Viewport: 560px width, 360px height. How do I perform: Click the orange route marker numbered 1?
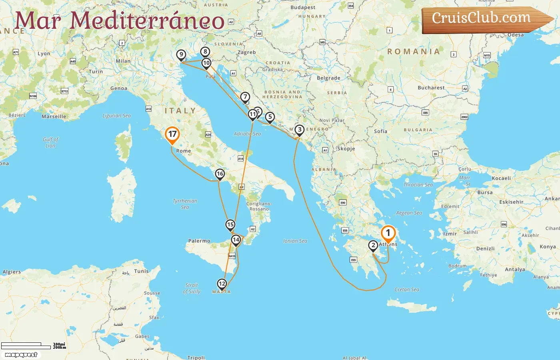point(388,233)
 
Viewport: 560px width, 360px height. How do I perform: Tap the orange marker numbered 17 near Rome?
point(172,134)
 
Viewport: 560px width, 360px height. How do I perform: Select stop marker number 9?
point(181,55)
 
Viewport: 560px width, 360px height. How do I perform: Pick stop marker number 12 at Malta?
point(222,284)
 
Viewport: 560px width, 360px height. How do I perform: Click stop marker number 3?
point(299,130)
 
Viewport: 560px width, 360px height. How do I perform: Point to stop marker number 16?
point(220,174)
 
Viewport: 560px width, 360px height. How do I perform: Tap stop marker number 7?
point(245,97)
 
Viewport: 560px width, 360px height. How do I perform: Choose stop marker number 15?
point(230,225)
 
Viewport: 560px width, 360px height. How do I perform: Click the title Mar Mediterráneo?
point(119,20)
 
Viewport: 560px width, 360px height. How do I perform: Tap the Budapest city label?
point(303,7)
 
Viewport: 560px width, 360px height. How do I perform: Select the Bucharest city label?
point(431,88)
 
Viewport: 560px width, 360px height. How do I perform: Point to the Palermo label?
point(199,241)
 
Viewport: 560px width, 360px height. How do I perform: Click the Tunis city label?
point(141,271)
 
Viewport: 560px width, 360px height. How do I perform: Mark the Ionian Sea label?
point(295,241)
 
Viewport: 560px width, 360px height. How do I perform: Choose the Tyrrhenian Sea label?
point(185,204)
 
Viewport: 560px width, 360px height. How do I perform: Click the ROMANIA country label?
point(414,51)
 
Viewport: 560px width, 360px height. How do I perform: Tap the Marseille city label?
point(54,116)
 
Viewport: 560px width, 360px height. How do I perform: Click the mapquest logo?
point(21,354)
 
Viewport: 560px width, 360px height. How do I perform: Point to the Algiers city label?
point(12,272)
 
